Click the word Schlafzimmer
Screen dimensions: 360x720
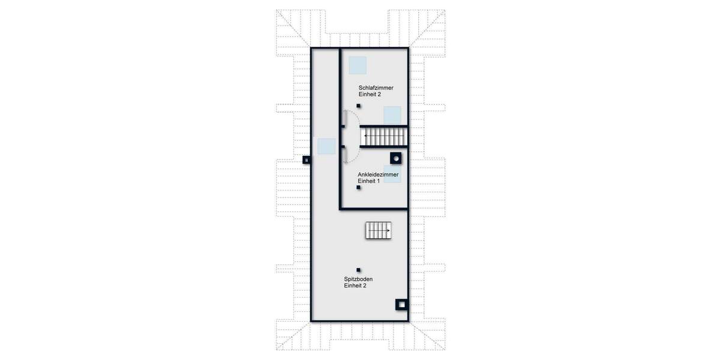(376, 88)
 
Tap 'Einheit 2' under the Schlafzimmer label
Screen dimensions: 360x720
(370, 95)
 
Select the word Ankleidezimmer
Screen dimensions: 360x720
(378, 175)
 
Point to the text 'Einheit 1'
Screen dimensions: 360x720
(368, 181)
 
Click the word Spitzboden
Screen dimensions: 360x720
(359, 279)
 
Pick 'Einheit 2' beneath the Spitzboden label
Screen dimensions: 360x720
(355, 286)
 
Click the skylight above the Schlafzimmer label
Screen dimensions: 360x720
(358, 64)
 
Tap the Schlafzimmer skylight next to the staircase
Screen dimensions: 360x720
(392, 115)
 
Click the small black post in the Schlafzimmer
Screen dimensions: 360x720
(359, 106)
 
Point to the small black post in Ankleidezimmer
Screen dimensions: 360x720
(359, 187)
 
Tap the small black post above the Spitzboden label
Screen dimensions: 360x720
(359, 270)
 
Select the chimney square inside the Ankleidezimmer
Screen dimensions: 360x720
(396, 158)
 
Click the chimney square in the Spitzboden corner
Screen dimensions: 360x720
(400, 305)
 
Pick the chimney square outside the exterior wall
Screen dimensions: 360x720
(306, 160)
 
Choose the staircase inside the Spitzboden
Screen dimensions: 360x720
(378, 230)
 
